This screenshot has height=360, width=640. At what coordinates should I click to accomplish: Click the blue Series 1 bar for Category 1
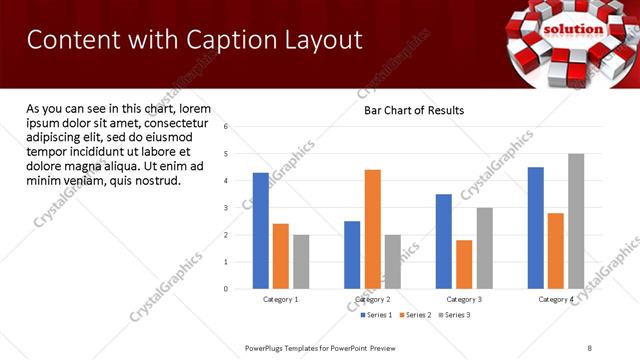pos(261,230)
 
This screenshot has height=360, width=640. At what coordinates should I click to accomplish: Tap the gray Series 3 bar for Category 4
pos(576,221)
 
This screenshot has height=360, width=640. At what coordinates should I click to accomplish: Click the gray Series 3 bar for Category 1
pos(301,262)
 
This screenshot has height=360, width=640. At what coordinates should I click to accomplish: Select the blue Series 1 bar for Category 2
pos(352,255)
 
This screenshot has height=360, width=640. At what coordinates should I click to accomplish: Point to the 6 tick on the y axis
pos(226,127)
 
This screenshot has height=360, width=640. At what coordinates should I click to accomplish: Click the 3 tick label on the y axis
pos(226,208)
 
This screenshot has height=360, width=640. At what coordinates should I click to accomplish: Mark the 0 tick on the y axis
pos(226,289)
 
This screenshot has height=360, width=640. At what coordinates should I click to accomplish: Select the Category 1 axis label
pos(281,299)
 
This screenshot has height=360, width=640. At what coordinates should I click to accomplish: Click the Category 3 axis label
pos(464,299)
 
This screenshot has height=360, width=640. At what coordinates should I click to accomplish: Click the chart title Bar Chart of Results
pos(413,110)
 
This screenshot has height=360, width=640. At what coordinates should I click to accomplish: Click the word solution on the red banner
pos(573,29)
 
